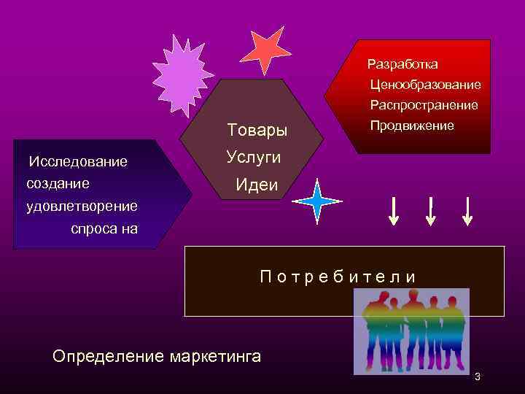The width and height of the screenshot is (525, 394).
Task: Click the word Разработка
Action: (x=402, y=65)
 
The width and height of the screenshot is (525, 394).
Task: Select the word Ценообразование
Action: (x=425, y=85)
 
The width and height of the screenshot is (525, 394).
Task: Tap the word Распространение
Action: (x=424, y=106)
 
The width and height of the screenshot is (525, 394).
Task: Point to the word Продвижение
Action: (x=411, y=126)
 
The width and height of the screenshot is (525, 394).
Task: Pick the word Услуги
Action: (x=253, y=158)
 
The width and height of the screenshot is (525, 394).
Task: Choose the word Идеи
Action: (x=257, y=185)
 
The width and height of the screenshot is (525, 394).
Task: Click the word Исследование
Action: (x=77, y=161)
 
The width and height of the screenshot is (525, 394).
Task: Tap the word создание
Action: (x=58, y=183)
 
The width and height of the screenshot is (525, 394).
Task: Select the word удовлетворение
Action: (x=82, y=206)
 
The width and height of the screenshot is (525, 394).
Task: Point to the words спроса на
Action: (x=104, y=229)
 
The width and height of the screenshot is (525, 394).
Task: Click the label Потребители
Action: (x=339, y=277)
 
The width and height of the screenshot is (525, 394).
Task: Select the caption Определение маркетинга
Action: (x=157, y=357)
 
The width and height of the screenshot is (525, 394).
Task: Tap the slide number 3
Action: (x=478, y=377)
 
